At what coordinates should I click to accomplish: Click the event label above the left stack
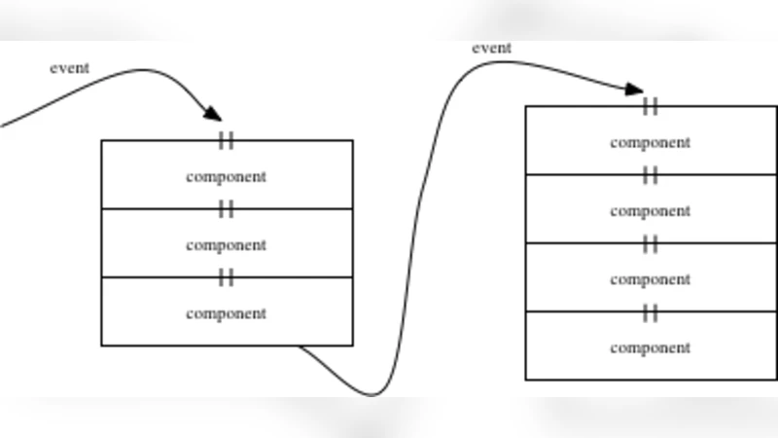point(69,68)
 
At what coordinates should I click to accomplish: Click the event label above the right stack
point(491,48)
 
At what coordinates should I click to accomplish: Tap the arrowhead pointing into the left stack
point(213,114)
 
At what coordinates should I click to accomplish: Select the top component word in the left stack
point(226,177)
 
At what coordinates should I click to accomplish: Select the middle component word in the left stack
point(226,245)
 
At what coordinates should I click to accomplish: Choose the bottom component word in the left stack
point(226,313)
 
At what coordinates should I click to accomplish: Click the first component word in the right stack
point(650,142)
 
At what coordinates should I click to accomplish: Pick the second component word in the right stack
point(650,210)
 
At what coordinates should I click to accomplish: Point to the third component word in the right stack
point(650,279)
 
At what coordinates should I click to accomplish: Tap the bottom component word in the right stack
point(650,347)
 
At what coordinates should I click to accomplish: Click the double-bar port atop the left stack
point(227,140)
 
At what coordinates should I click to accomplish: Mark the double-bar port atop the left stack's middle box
point(227,208)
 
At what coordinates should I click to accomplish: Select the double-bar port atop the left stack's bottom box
point(227,277)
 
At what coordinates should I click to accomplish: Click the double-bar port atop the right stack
point(651,106)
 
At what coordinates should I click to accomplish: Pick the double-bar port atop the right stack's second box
point(651,174)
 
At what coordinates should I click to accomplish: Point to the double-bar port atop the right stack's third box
point(651,243)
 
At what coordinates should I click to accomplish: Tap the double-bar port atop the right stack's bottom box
point(651,311)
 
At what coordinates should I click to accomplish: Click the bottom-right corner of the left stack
point(352,345)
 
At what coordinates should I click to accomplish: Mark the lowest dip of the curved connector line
point(373,394)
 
